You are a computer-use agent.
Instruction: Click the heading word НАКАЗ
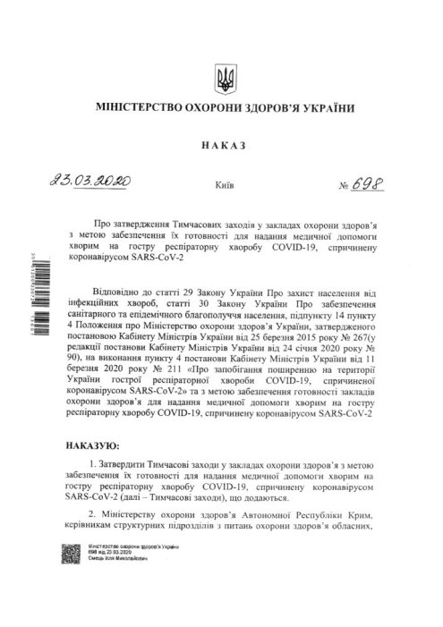221,145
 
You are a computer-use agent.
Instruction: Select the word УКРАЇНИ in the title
325,108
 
